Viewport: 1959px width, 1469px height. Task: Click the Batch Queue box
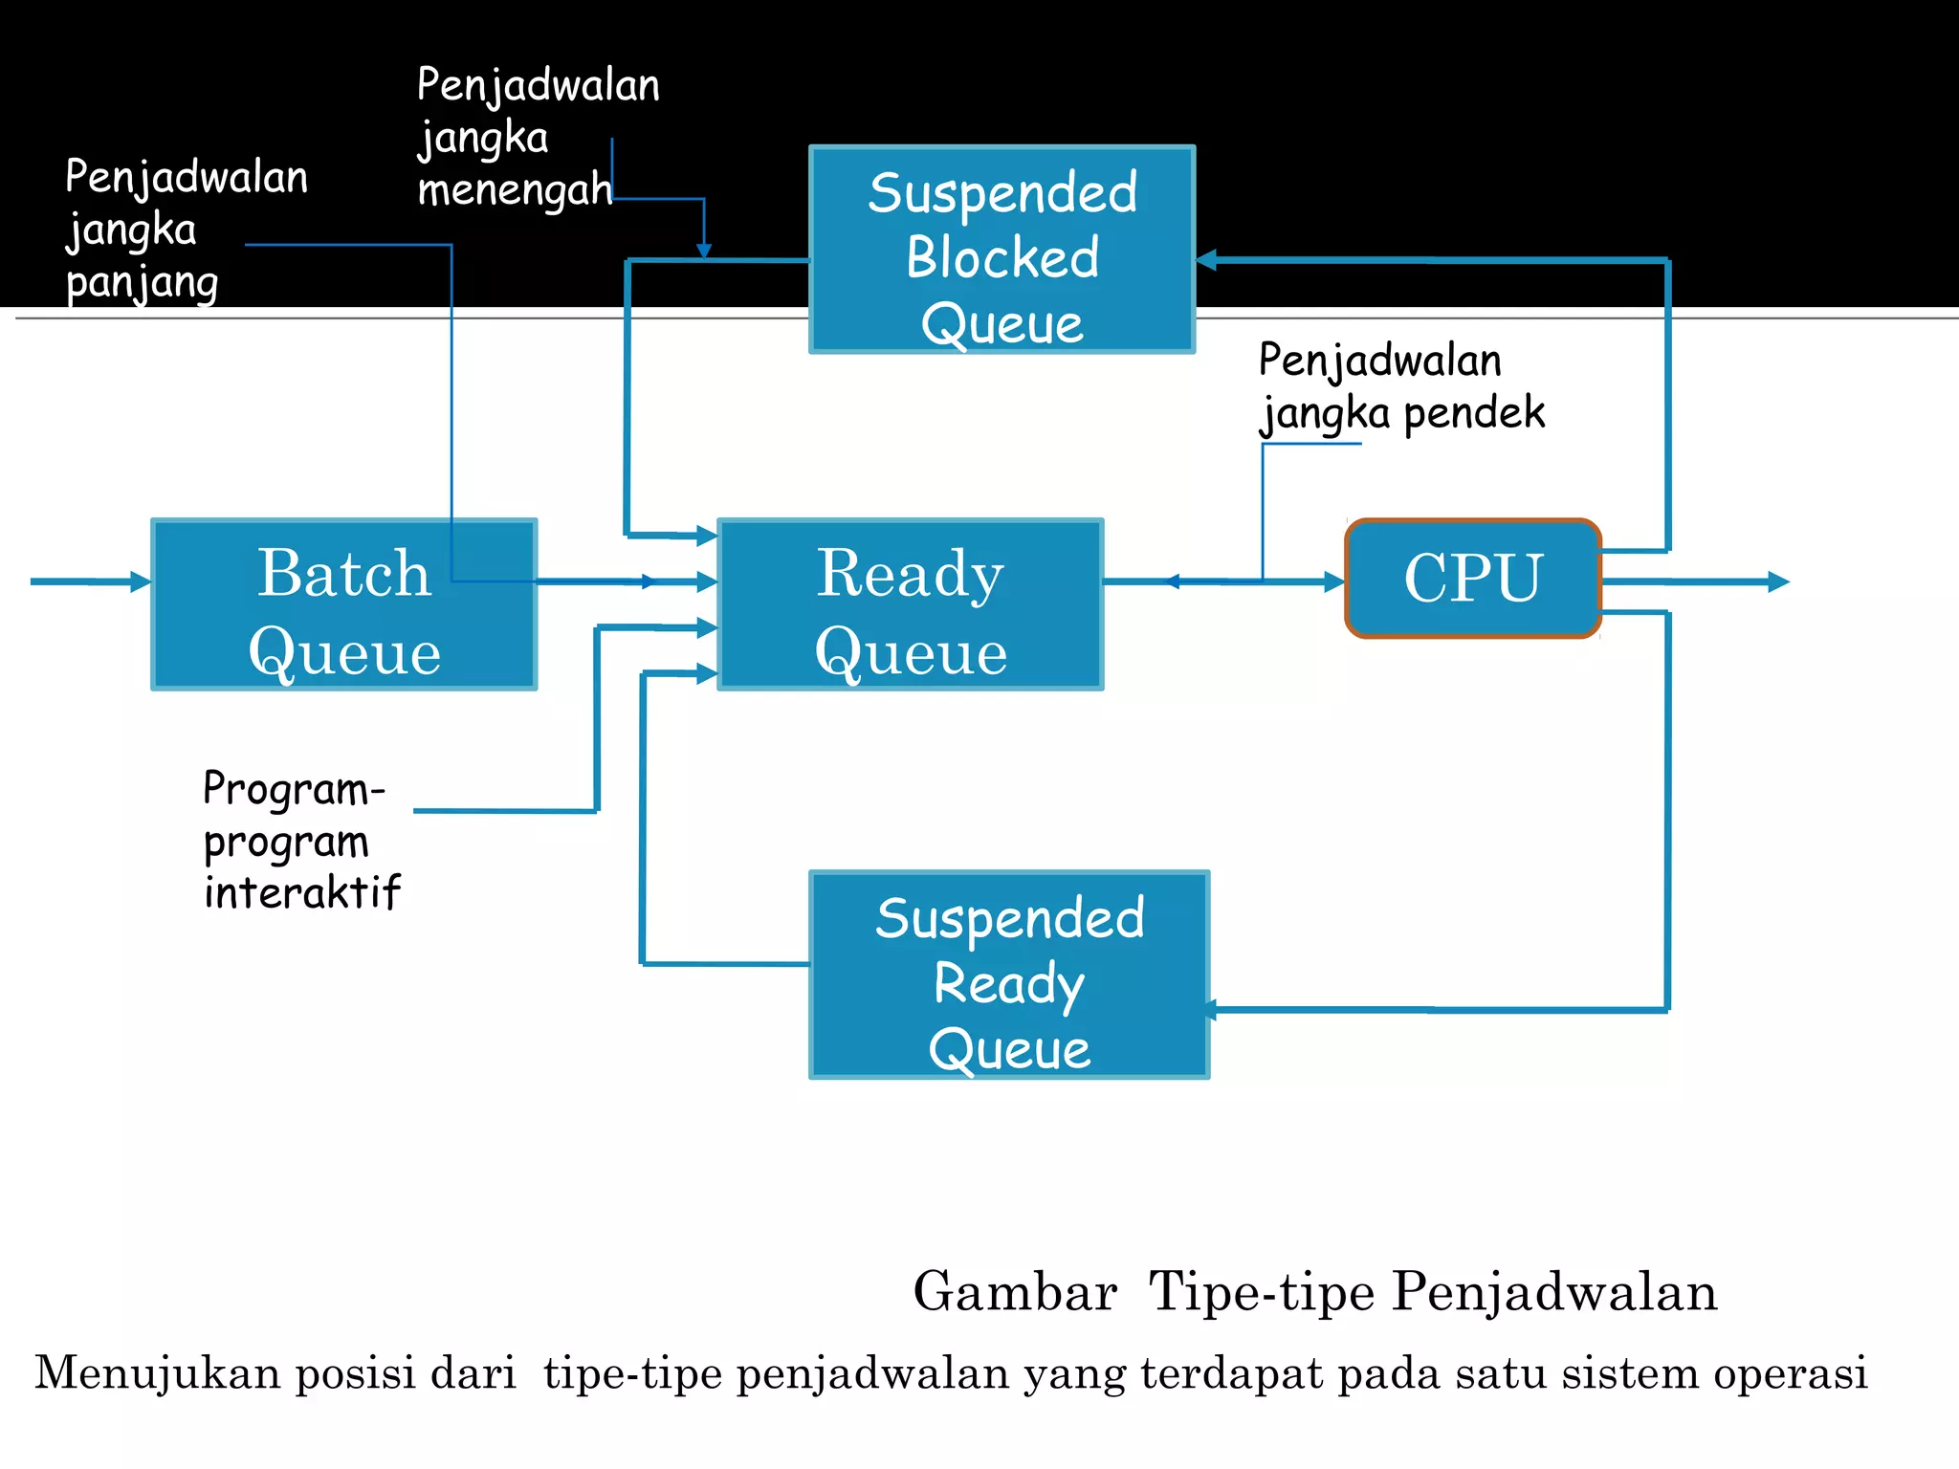[344, 604]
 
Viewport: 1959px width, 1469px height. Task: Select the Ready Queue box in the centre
[910, 604]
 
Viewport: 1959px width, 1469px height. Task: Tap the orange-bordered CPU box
[1473, 579]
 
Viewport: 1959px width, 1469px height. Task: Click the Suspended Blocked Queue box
[1002, 250]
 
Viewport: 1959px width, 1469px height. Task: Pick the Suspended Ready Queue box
[1009, 975]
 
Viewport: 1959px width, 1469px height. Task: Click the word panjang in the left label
[143, 283]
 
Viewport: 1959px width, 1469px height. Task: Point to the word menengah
[515, 188]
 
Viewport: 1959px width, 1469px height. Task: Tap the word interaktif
[302, 892]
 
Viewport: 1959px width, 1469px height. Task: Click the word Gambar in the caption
[1015, 1292]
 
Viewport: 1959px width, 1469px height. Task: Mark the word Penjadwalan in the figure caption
[1554, 1292]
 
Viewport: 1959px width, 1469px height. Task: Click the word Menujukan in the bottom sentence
[158, 1372]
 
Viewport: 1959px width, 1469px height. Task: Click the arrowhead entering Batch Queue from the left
[141, 581]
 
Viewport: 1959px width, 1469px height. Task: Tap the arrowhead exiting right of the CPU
[1778, 581]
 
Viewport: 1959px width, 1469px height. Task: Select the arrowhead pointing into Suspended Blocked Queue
[1207, 259]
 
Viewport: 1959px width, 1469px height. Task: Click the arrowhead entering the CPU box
[1334, 581]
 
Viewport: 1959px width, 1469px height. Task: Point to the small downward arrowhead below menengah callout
[704, 251]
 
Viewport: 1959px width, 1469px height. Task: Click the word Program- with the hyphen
[294, 790]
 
